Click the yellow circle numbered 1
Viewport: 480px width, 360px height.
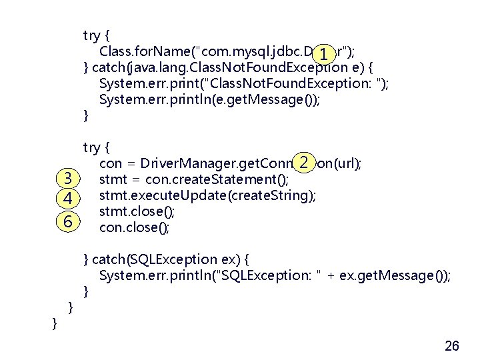pos(323,55)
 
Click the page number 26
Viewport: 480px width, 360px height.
pos(451,345)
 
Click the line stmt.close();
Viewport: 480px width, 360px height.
pos(137,212)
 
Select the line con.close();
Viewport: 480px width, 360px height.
pos(134,228)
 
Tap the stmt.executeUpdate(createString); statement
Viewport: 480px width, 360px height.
pos(207,195)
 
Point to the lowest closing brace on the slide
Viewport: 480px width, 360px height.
pos(55,323)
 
